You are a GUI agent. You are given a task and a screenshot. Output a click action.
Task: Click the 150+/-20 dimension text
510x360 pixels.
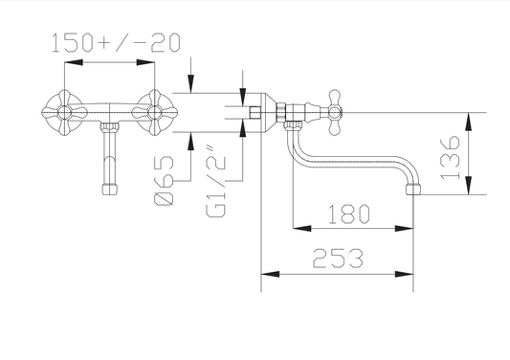[116, 43]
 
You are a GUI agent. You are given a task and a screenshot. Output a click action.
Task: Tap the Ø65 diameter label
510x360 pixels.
[164, 180]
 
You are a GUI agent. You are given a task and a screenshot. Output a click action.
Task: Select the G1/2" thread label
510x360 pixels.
[215, 182]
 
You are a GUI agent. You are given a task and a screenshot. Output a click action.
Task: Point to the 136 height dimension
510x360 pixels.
[450, 158]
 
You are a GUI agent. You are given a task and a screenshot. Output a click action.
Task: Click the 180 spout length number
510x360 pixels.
[348, 214]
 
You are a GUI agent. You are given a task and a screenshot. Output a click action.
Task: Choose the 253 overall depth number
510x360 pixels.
[338, 259]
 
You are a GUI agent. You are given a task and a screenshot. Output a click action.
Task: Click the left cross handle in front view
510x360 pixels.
[65, 113]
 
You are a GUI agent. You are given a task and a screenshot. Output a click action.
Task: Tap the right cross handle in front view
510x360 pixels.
[155, 113]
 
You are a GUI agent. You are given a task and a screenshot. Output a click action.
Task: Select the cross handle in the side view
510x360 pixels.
[334, 113]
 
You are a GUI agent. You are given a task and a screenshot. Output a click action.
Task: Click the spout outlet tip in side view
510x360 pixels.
[413, 190]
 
